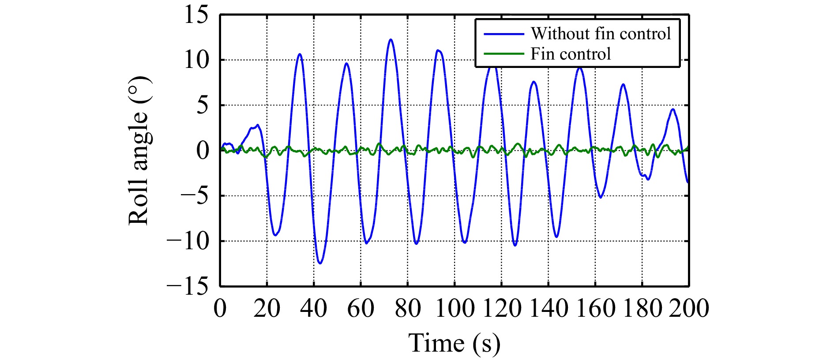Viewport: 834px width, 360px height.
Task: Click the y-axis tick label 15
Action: tap(196, 15)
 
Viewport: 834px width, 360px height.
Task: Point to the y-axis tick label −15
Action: tap(188, 287)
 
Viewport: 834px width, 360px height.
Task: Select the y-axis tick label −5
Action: tap(194, 196)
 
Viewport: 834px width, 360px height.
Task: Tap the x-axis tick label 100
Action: tap(455, 308)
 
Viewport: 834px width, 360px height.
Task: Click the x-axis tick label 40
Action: tap(314, 308)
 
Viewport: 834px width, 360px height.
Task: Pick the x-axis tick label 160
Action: tap(595, 308)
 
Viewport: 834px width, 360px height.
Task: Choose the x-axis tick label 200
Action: tap(688, 308)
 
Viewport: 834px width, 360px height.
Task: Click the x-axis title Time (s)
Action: tap(455, 343)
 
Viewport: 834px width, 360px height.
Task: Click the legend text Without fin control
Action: tap(601, 34)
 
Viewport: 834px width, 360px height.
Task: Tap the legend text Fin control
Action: tap(571, 54)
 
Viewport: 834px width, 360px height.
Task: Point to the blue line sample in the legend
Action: tap(504, 34)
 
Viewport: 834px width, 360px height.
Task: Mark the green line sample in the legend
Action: tap(504, 54)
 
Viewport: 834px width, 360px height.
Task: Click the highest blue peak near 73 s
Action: tap(391, 39)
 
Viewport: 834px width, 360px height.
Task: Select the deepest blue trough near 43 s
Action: tap(320, 263)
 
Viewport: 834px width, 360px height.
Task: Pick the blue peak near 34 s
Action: tap(300, 54)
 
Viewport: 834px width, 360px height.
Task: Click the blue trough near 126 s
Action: tap(515, 245)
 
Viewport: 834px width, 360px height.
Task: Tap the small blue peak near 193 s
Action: tap(673, 109)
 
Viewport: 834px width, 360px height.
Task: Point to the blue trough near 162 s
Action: tap(600, 197)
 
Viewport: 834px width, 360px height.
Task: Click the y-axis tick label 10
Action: tap(196, 60)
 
